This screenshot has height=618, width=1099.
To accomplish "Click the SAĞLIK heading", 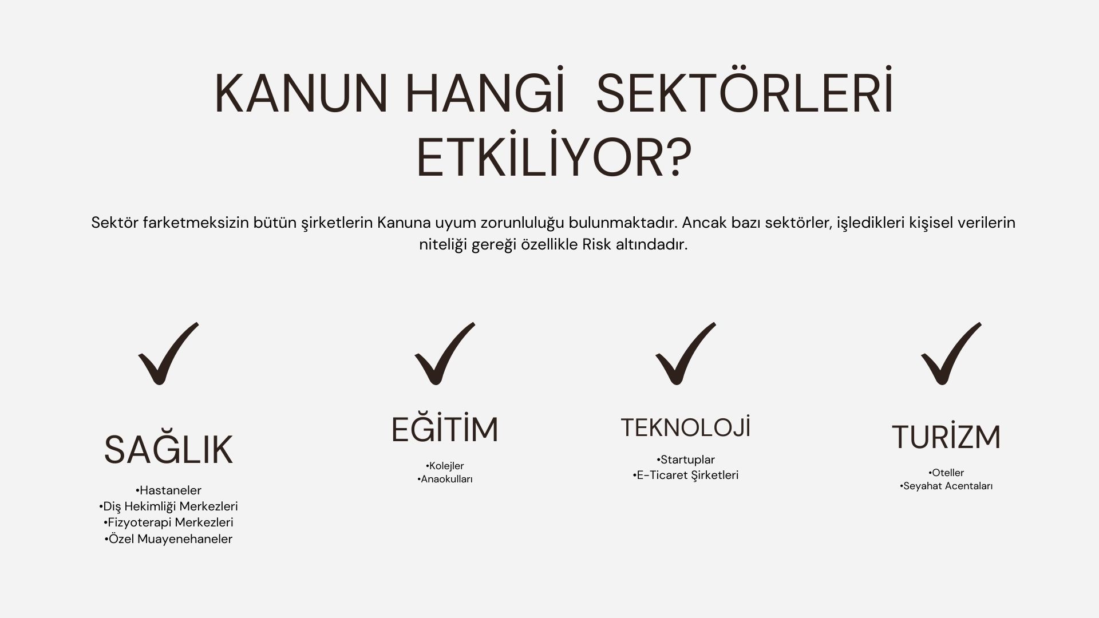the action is coord(168,450).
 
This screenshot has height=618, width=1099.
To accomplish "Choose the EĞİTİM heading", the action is coord(445,429).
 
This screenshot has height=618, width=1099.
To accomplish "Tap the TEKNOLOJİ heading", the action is coord(686,427).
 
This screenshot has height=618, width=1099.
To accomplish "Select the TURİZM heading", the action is coord(946,437).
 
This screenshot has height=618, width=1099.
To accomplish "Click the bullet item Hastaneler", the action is coord(168,490).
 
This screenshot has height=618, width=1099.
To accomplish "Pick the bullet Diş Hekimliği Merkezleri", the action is coord(168,506).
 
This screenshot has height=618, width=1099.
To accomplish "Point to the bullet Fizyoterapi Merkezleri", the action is coord(168,522).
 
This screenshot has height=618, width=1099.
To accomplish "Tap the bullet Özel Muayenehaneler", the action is coord(168,538).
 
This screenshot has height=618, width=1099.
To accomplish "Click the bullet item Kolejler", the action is coord(445,466).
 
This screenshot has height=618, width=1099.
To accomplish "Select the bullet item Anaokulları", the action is coord(445,479).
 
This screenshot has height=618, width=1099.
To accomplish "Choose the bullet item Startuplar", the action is coord(686,459).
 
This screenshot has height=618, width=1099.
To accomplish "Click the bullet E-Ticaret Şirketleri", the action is coord(686,475).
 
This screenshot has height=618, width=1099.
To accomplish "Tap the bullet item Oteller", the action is coord(946,473).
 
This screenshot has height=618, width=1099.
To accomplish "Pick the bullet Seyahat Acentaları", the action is coord(946,486).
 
